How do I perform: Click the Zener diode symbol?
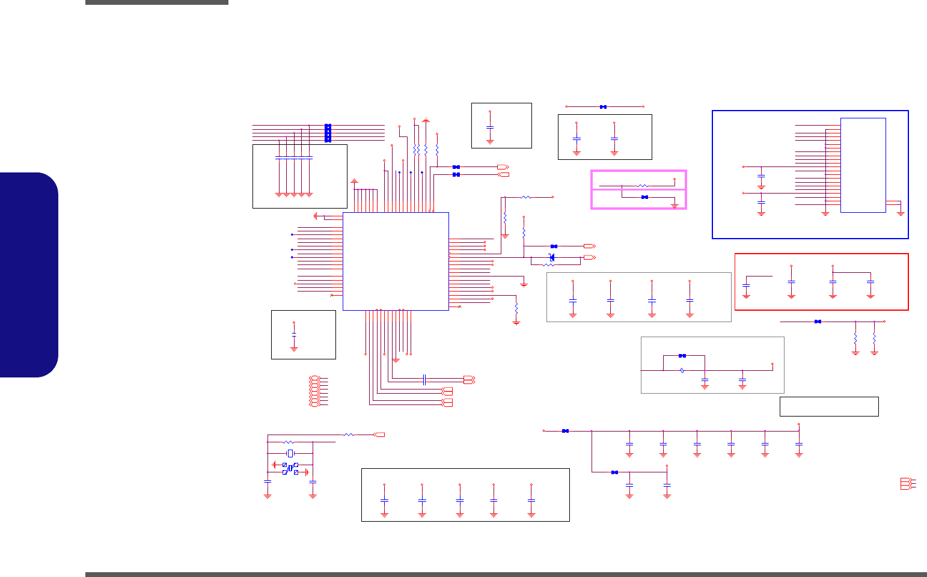552,258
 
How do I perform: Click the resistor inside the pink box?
642,186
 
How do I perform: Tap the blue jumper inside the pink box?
644,197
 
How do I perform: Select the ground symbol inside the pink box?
675,206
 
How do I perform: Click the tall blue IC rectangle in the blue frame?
863,165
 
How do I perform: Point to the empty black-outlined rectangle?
829,406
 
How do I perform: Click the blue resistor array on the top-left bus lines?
328,133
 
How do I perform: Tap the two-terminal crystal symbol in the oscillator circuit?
290,453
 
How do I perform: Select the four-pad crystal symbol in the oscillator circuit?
290,468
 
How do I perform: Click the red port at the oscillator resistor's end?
379,434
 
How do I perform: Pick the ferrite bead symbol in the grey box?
682,370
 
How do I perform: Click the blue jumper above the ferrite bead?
682,356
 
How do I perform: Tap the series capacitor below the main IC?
424,379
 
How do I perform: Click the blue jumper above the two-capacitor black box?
603,107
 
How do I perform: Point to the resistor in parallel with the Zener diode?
549,264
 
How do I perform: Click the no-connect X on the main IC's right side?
460,307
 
